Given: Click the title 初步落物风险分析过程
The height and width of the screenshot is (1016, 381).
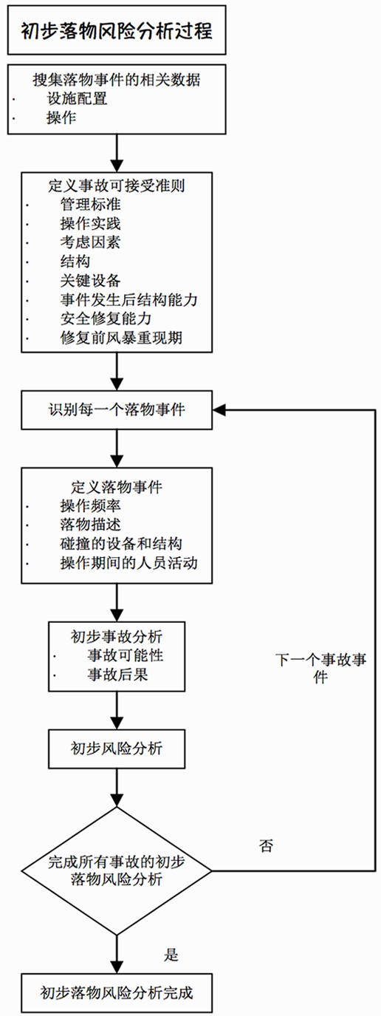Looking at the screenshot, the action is [117, 31].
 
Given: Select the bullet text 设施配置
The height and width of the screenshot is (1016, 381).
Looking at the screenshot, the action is [77, 98].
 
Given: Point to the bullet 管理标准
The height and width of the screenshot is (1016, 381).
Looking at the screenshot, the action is [91, 204].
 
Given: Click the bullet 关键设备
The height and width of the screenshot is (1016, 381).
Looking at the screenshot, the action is [91, 280].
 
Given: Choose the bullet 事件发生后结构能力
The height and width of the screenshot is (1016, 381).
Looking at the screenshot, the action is [128, 299].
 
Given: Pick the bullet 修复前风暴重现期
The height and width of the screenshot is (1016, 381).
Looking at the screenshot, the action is [121, 338].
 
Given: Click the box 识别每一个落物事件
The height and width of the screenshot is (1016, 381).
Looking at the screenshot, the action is [117, 410].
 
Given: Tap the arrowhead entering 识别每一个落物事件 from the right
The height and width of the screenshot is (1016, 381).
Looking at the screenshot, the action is [219, 410].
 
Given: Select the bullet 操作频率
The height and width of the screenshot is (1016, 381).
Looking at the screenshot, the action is [91, 505].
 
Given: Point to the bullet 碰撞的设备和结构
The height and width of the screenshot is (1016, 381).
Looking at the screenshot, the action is [121, 543].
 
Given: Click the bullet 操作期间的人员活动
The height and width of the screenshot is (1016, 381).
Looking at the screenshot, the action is [128, 562].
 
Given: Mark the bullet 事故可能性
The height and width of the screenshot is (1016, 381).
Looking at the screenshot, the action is [126, 655].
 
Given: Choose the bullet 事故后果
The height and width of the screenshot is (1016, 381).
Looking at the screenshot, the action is [118, 675].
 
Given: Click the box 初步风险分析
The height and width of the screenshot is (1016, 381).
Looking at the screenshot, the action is [117, 749].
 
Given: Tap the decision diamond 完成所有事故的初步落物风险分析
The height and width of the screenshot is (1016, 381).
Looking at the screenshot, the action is [117, 871].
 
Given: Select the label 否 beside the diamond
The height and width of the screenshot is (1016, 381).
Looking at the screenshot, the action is [266, 845].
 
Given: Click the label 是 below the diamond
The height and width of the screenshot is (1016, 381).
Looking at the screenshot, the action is [171, 955].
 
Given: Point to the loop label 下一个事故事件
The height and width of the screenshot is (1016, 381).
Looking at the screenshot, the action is [320, 668].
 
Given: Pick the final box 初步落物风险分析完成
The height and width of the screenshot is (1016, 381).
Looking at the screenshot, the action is [117, 992].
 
